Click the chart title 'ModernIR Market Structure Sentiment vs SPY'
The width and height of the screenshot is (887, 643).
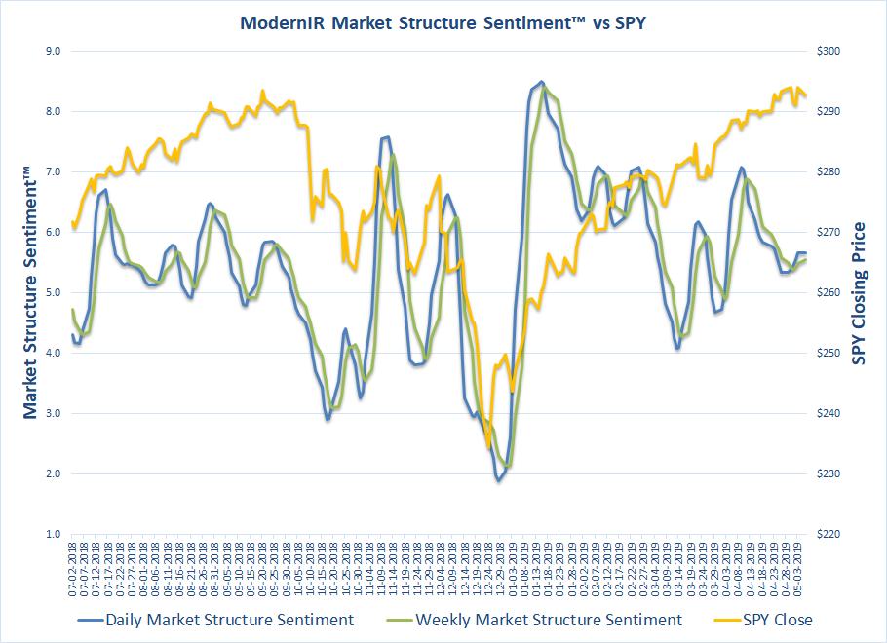(x=443, y=22)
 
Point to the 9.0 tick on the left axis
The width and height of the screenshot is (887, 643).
(x=50, y=51)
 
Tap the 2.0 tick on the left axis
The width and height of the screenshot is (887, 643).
(x=50, y=474)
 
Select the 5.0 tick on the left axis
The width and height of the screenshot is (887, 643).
(x=50, y=292)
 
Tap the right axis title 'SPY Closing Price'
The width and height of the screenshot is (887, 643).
(x=859, y=293)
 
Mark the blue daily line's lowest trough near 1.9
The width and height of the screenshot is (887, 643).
(x=498, y=480)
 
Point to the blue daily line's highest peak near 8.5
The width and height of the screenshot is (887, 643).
(x=542, y=82)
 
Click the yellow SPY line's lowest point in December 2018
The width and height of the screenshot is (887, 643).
(x=488, y=447)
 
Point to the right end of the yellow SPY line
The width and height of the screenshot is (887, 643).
(x=805, y=95)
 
